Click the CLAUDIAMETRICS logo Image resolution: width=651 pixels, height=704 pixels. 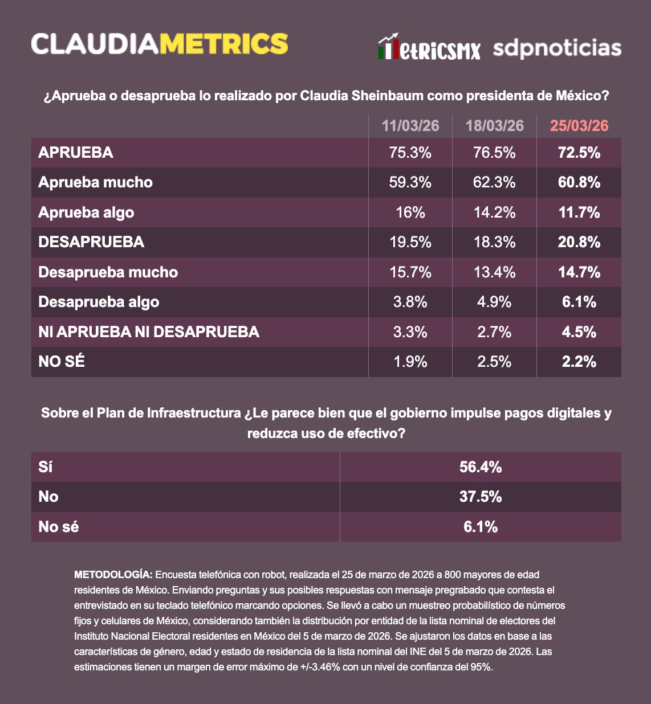[x=159, y=44]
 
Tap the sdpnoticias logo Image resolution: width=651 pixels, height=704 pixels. [x=556, y=48]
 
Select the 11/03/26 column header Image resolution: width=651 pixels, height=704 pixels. [x=410, y=126]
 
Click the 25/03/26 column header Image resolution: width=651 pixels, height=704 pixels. [x=579, y=126]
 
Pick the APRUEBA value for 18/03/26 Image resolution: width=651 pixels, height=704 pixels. [x=494, y=153]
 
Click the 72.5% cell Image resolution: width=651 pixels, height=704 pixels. [x=579, y=153]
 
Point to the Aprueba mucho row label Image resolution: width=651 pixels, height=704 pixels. [x=95, y=182]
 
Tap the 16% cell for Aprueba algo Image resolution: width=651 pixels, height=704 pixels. [x=410, y=212]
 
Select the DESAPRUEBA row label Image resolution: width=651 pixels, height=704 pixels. [x=91, y=242]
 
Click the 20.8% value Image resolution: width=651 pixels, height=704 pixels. [x=579, y=242]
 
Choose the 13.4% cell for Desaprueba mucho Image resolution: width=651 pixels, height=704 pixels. [x=494, y=272]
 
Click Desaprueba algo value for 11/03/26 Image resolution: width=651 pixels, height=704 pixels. [x=410, y=302]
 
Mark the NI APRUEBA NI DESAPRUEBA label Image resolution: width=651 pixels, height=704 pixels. [x=149, y=332]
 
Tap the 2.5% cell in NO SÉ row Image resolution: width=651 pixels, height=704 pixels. [x=494, y=362]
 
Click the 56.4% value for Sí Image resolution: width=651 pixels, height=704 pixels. [x=481, y=467]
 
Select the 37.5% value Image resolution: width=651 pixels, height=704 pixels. [x=481, y=497]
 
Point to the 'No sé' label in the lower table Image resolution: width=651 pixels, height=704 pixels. [x=59, y=527]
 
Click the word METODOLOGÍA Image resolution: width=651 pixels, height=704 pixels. [x=113, y=575]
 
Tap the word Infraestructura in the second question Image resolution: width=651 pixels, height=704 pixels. [x=194, y=413]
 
